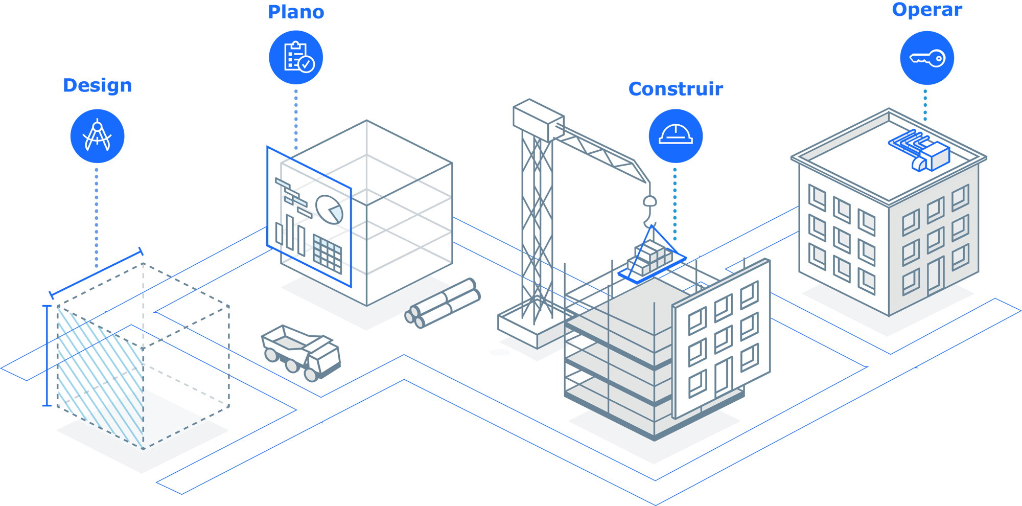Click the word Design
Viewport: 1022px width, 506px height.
click(x=98, y=86)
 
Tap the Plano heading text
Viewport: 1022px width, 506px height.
click(x=296, y=12)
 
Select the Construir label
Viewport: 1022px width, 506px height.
click(x=676, y=89)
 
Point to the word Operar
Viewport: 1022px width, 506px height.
click(x=927, y=10)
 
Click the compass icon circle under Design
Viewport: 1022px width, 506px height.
click(x=97, y=136)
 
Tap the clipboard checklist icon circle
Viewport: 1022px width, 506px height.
click(x=296, y=57)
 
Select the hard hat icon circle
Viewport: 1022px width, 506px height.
click(x=676, y=136)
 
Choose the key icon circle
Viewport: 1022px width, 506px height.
click(x=927, y=58)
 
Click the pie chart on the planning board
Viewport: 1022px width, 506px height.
click(x=329, y=209)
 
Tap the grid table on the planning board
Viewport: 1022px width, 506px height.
click(x=327, y=253)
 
